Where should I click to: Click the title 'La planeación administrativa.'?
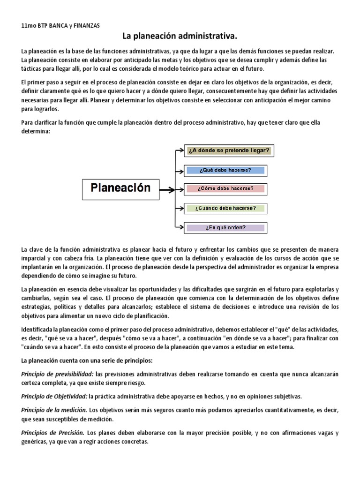pyautogui.click(x=180, y=36)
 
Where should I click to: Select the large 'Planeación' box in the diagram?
pyautogui.click(x=120, y=188)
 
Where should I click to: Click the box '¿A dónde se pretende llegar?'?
pyautogui.click(x=228, y=150)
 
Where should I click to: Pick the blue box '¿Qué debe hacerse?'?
pyautogui.click(x=225, y=170)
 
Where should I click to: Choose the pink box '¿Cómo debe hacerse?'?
pyautogui.click(x=225, y=189)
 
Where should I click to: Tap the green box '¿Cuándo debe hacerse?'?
pyautogui.click(x=225, y=208)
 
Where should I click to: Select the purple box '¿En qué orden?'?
pyautogui.click(x=225, y=228)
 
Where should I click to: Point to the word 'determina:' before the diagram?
pyautogui.click(x=36, y=132)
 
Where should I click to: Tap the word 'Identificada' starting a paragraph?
pyautogui.click(x=38, y=329)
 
